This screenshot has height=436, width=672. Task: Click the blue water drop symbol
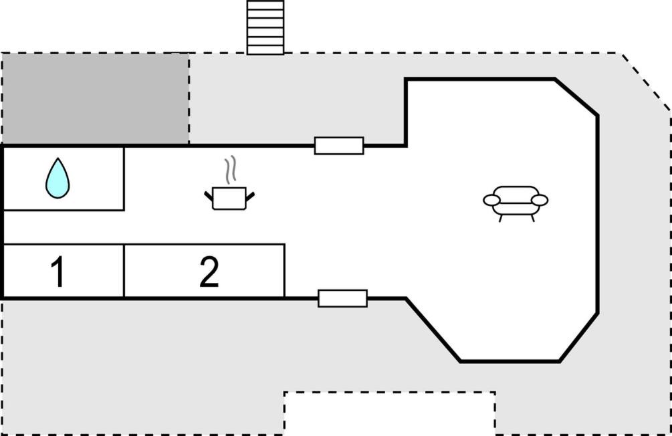click(58, 179)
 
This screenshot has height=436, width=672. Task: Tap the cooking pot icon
click(229, 198)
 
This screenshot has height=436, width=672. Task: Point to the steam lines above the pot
click(231, 170)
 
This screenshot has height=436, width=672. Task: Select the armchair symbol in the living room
click(516, 203)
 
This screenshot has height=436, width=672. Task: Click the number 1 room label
click(58, 271)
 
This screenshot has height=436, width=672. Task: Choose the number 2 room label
click(209, 271)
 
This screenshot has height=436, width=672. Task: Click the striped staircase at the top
click(265, 27)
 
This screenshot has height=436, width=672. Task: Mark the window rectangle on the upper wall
click(339, 146)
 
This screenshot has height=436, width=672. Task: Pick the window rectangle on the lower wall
click(343, 298)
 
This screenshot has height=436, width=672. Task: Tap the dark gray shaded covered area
click(96, 99)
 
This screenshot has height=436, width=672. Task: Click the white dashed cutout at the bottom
click(390, 413)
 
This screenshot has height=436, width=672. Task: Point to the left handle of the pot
click(209, 197)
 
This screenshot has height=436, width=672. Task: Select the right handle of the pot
click(250, 197)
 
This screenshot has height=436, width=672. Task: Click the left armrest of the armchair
click(491, 200)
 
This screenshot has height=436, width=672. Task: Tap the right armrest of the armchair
click(540, 200)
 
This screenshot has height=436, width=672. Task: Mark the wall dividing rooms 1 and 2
click(124, 271)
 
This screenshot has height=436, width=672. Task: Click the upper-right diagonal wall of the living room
click(576, 97)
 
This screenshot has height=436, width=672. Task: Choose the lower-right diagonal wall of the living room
click(579, 338)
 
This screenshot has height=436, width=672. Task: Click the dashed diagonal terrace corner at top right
click(647, 82)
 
